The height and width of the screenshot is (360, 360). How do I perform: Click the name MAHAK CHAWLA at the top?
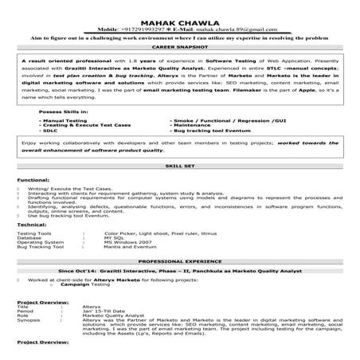tap(179, 22)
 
